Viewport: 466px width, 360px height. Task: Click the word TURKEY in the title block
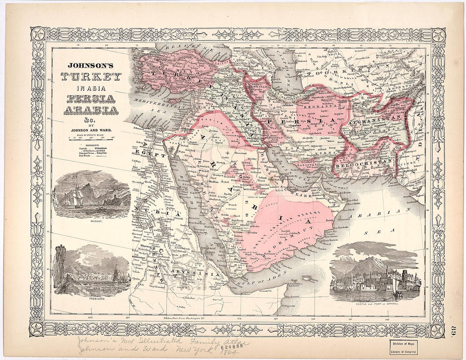[x=91, y=77]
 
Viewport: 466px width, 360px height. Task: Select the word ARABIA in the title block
[x=91, y=111]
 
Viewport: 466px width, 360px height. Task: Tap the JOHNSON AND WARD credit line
[x=90, y=130]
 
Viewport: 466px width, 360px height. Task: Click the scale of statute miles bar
[x=90, y=137]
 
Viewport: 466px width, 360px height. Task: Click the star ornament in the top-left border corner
[x=39, y=34]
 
